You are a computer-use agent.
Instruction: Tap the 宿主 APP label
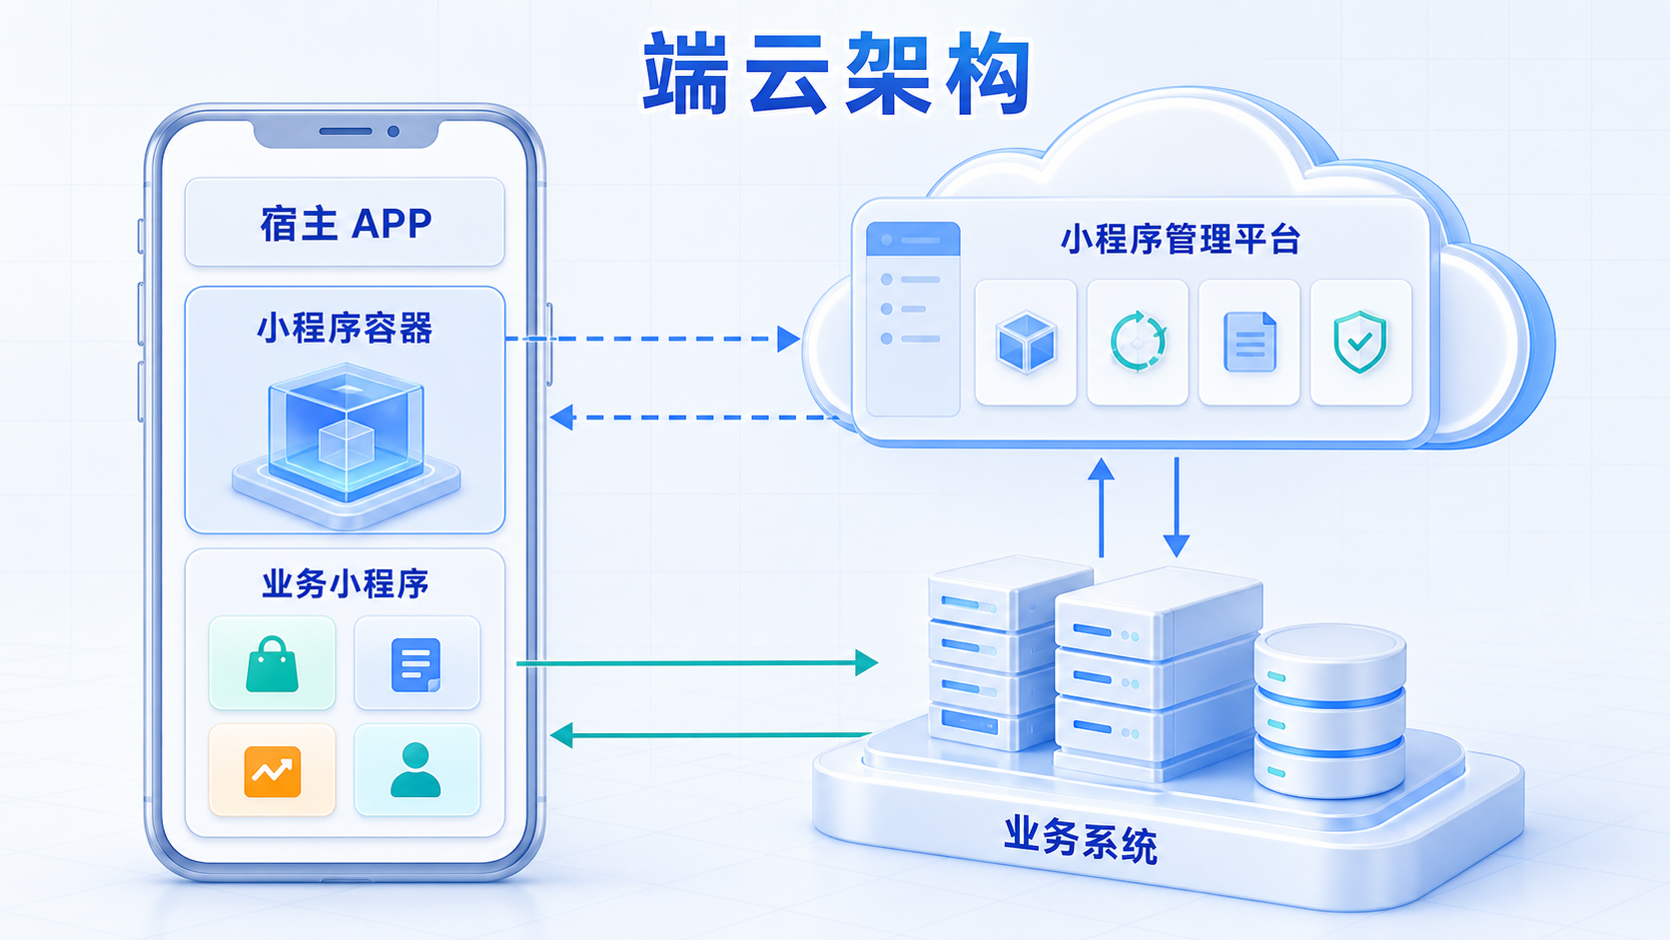pos(346,224)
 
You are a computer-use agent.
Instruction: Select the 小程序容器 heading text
pos(345,328)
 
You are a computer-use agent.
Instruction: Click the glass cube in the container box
pos(346,433)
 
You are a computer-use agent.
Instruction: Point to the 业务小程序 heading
pos(346,583)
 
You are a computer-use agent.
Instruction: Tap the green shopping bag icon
pos(272,663)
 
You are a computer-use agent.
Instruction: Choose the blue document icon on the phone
pos(416,664)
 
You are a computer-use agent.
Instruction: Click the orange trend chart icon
pos(272,771)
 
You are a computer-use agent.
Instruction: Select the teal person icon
pos(416,770)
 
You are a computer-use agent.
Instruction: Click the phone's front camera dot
pos(393,132)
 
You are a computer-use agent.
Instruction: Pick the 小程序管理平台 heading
pos(1181,240)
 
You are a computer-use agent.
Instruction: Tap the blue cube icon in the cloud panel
pos(1026,343)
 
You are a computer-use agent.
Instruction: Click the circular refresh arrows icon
pos(1138,342)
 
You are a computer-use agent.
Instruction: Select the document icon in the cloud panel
pos(1250,342)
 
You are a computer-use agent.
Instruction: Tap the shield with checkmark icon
pos(1360,342)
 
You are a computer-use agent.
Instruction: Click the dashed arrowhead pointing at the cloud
pos(789,339)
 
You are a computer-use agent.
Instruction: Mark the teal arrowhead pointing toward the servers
pos(866,662)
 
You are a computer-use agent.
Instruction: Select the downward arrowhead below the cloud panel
pos(1177,545)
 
